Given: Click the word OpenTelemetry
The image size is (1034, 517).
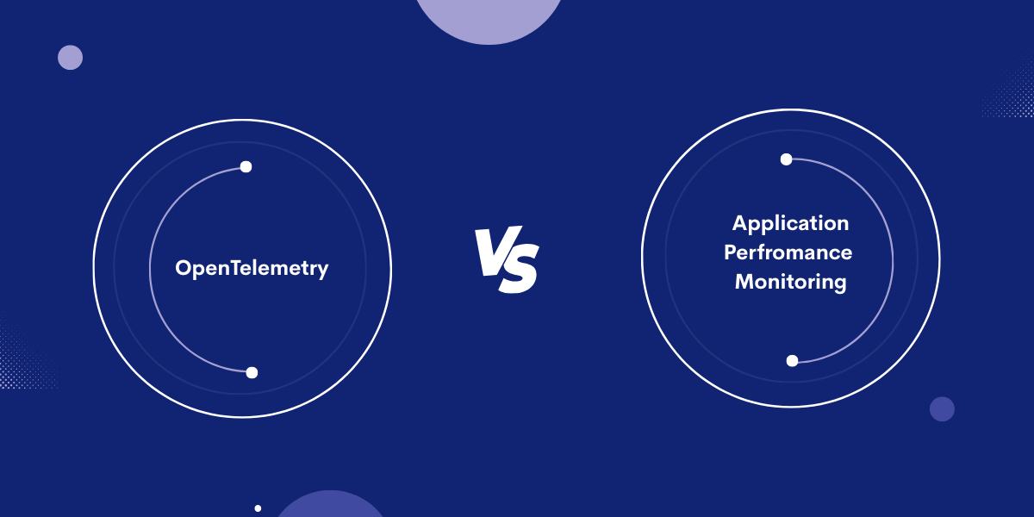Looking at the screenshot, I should [252, 268].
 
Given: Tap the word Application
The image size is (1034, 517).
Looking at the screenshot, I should [790, 223].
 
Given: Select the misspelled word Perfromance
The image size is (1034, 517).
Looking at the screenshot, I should [788, 252].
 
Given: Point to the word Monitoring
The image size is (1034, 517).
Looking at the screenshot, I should [790, 282].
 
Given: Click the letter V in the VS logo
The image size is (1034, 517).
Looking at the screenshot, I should [490, 250].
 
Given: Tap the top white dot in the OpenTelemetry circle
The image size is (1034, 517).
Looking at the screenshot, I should [246, 166].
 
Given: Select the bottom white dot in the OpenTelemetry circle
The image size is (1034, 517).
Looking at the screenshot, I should [252, 372].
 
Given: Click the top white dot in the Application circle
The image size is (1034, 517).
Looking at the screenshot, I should [786, 159].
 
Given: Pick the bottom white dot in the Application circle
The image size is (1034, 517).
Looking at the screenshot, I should [792, 360].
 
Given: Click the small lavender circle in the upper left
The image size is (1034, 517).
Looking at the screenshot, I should [70, 58].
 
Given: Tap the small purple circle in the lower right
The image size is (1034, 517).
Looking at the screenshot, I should [942, 408].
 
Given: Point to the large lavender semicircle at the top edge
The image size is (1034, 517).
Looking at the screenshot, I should [489, 17].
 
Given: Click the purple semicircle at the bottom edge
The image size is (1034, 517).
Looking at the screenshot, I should [331, 506].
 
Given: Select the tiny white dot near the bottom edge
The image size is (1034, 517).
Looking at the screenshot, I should [258, 508].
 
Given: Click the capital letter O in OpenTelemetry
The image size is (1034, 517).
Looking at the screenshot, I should [183, 268].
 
